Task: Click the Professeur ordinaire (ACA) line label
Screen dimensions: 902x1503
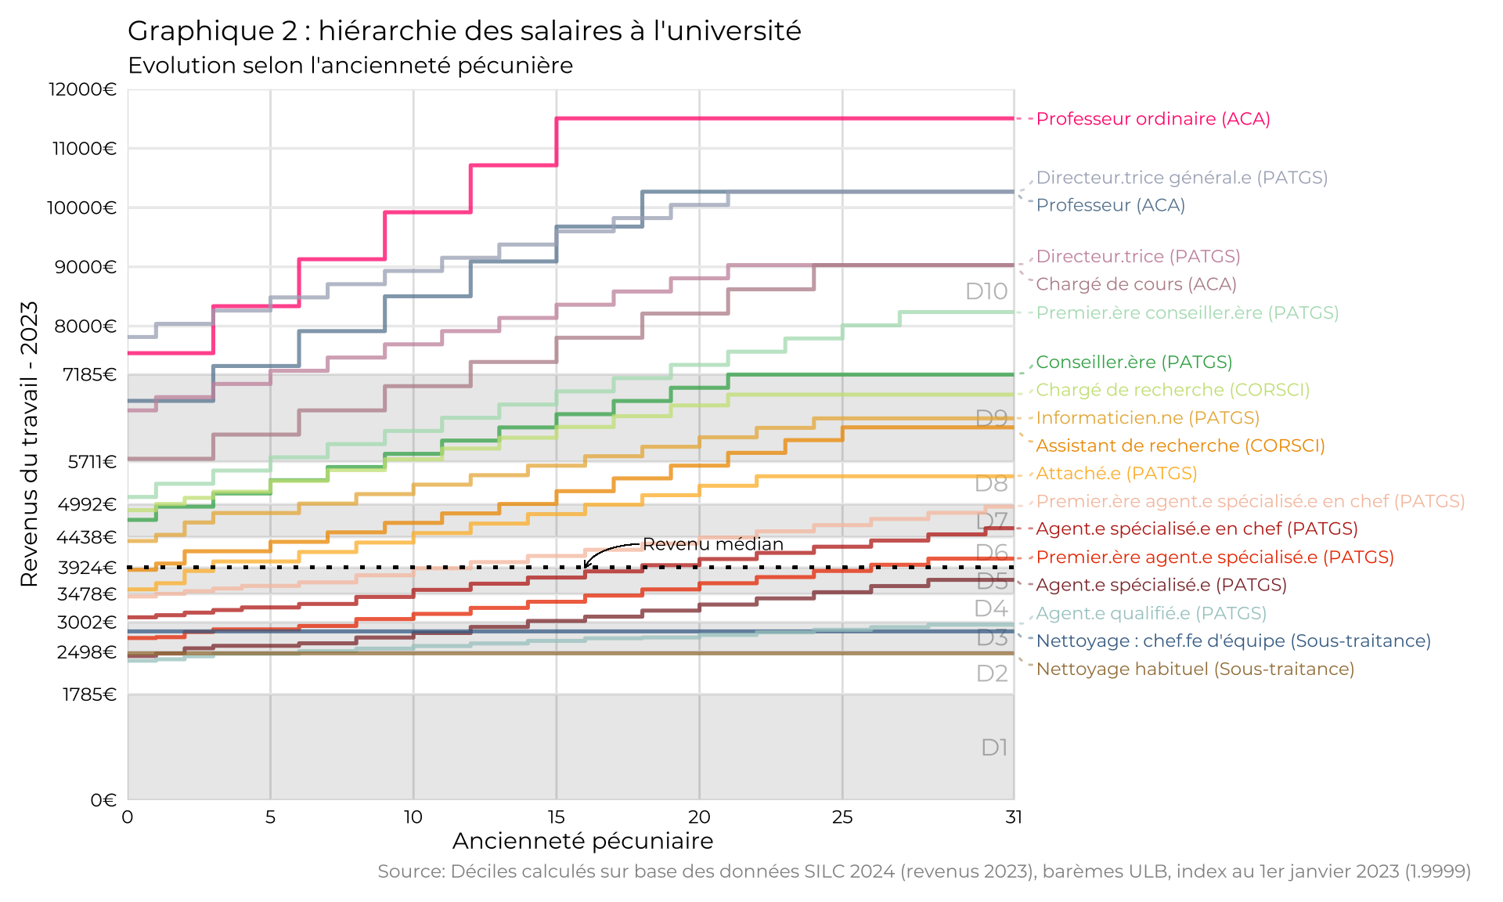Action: coord(1152,119)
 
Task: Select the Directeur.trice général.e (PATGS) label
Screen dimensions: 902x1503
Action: coord(1181,178)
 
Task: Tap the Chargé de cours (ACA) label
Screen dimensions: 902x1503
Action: coord(1136,284)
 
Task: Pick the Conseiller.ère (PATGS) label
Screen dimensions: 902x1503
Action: coord(1134,362)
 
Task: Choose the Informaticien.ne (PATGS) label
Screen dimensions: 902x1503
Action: coord(1147,418)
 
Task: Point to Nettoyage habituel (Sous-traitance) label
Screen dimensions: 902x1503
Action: coord(1195,669)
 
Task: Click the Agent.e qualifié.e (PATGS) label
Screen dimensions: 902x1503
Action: coord(1151,613)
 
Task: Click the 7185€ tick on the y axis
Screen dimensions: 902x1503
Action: coord(89,374)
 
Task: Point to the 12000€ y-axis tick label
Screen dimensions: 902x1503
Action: coord(82,89)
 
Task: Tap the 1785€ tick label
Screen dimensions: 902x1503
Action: coord(89,695)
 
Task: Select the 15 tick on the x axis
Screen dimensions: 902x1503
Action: coord(556,817)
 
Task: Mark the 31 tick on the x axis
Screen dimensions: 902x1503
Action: coord(1014,817)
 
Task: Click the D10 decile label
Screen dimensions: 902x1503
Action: coord(986,291)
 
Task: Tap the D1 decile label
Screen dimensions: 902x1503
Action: coord(994,748)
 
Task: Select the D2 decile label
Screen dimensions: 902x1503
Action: coord(992,673)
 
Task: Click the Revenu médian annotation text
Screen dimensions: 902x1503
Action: coord(712,544)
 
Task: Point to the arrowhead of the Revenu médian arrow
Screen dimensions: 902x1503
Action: coord(586,565)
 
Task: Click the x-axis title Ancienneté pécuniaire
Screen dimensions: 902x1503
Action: coord(582,841)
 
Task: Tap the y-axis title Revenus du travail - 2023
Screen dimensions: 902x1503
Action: coord(29,444)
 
